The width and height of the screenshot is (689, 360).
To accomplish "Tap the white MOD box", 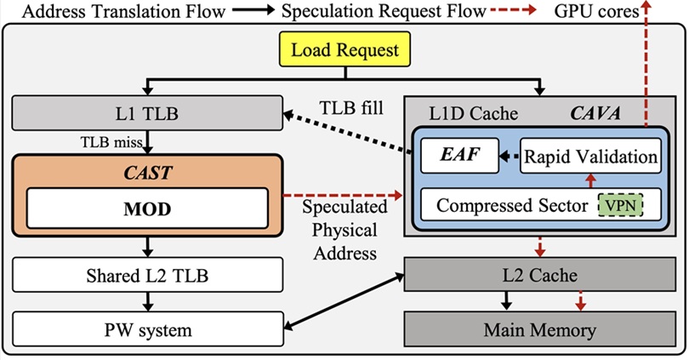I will [x=147, y=209].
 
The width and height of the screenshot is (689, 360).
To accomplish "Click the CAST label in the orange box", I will [x=147, y=173].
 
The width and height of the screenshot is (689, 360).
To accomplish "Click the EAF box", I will [x=460, y=157].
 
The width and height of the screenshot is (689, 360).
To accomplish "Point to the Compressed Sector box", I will [x=512, y=205].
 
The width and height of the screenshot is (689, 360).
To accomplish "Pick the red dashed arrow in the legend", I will [x=511, y=12].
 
